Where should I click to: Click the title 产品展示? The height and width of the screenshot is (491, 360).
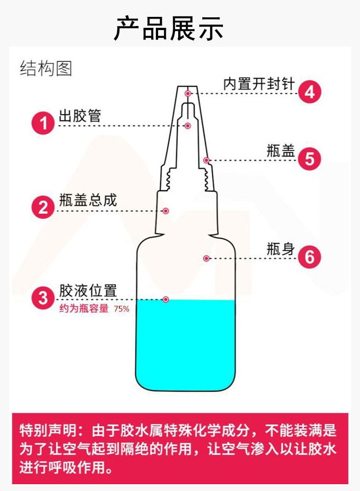tap(169, 28)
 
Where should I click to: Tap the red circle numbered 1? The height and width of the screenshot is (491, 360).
tap(43, 124)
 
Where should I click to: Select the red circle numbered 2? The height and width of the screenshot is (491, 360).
tap(43, 208)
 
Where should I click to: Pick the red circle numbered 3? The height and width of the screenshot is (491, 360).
tap(43, 299)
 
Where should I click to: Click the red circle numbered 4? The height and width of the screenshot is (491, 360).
tap(309, 92)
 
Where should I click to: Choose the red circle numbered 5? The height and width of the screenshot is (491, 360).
tap(309, 159)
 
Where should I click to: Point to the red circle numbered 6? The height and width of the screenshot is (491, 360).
tap(309, 257)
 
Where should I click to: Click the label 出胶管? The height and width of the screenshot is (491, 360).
tap(80, 116)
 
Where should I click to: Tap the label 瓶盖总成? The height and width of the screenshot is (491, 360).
tap(88, 201)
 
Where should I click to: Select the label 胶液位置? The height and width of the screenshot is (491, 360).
tap(88, 290)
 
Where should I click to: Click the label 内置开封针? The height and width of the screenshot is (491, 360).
tap(259, 84)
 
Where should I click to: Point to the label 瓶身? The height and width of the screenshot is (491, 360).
tap(280, 249)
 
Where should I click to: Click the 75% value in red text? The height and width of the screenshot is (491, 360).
tap(122, 309)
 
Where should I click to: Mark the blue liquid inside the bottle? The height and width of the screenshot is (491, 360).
tap(185, 346)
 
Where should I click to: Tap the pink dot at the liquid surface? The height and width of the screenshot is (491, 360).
tap(166, 300)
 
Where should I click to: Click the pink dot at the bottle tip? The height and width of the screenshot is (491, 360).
tap(187, 93)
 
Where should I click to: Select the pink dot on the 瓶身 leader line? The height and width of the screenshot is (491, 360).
tap(206, 258)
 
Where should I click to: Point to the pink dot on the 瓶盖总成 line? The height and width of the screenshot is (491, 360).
tap(166, 211)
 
